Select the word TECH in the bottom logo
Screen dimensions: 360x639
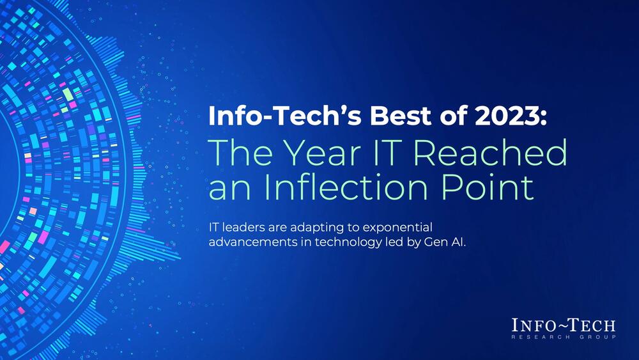590,326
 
